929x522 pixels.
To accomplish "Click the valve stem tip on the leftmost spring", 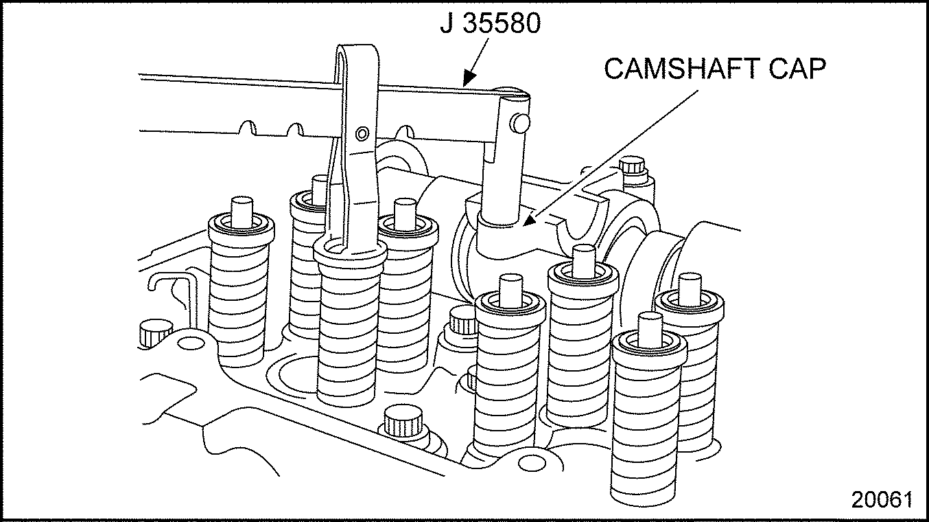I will coord(242,207).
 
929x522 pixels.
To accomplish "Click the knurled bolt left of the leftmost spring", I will coord(156,332).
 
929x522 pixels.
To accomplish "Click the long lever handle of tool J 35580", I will coord(233,103).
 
